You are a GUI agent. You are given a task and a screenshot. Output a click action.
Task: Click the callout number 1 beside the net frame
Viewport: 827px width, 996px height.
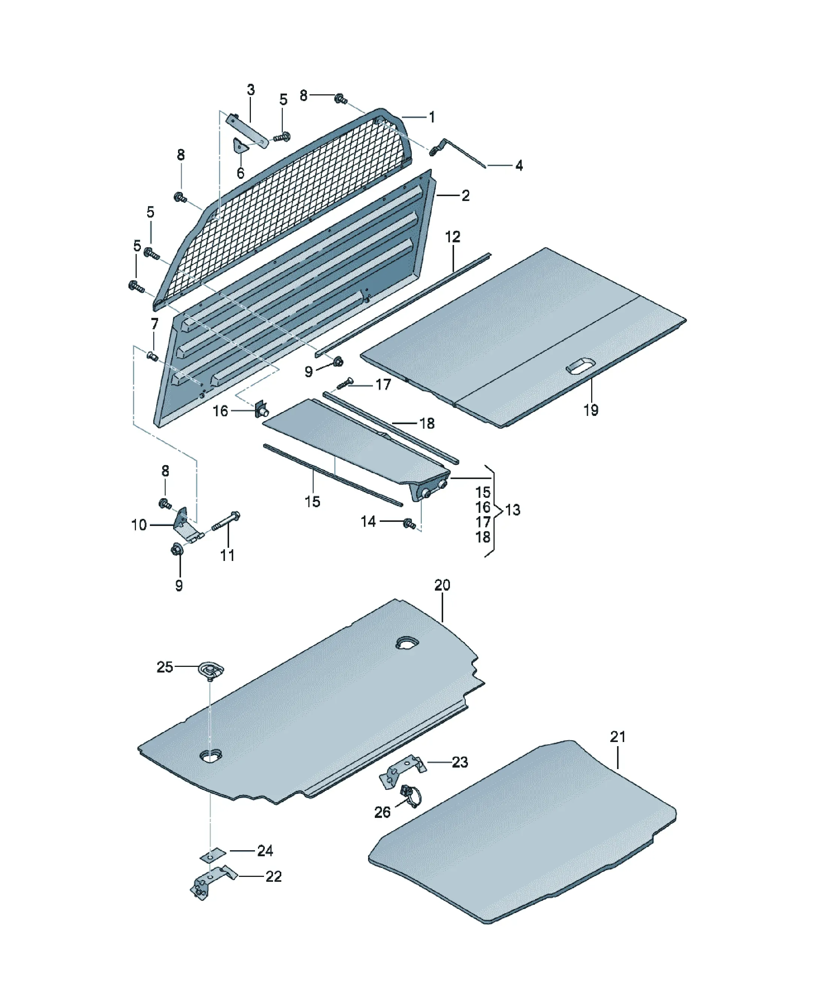click(432, 117)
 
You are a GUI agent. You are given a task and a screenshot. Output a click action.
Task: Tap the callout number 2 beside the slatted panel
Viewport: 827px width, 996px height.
click(466, 195)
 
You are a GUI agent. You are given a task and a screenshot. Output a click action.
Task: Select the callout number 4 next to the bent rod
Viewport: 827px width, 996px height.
click(519, 166)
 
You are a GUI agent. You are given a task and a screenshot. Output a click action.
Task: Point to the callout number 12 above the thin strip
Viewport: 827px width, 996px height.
click(453, 237)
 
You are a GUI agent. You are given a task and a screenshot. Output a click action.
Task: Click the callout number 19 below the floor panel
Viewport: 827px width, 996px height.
click(591, 410)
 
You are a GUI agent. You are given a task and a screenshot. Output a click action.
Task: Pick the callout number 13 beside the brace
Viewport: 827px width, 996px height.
click(513, 510)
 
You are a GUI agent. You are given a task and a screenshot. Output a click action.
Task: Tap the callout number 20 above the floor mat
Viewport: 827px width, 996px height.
click(442, 585)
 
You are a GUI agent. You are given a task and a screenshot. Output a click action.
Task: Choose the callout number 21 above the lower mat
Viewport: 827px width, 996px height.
click(618, 736)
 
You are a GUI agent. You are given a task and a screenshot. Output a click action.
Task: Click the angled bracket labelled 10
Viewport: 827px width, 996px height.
click(186, 526)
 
